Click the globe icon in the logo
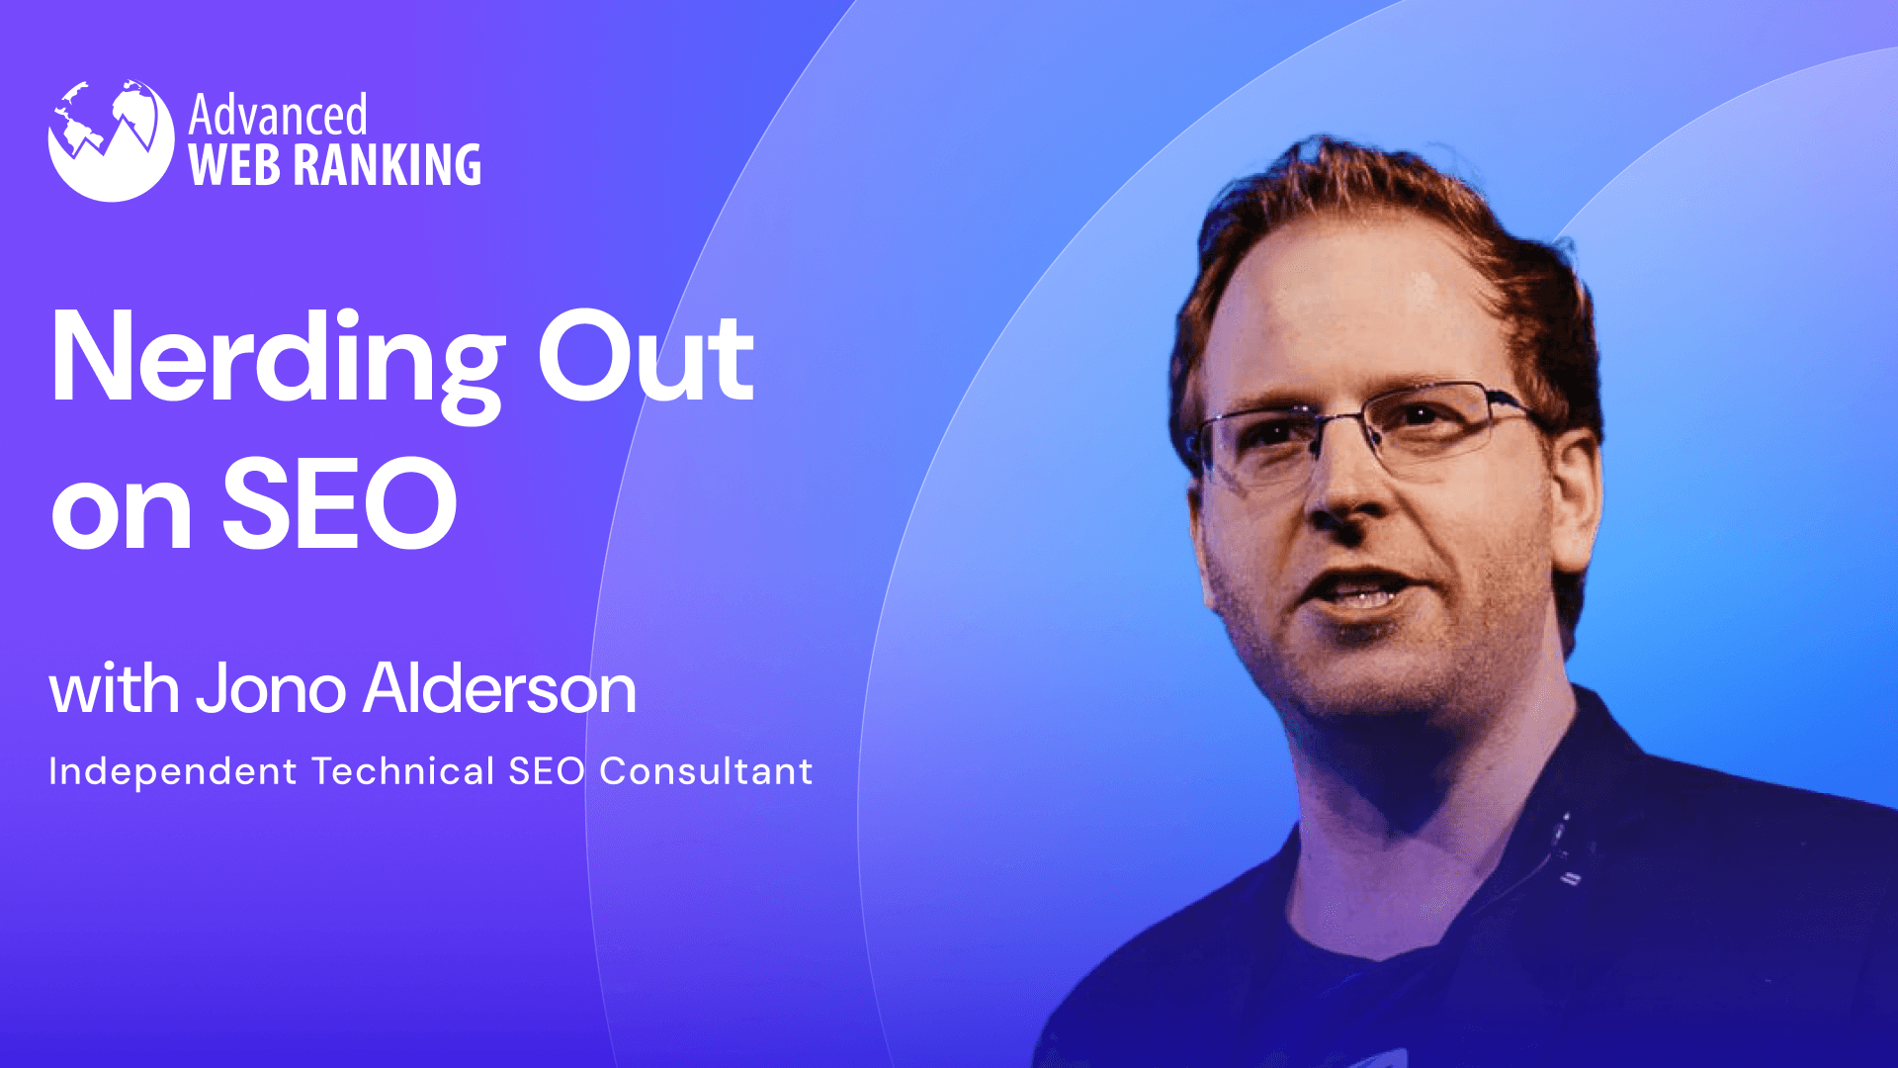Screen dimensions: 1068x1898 point(111,140)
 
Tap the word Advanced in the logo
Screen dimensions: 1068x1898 point(278,116)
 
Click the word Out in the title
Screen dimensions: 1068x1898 point(646,358)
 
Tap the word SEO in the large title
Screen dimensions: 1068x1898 point(339,504)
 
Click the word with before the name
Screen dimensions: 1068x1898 point(114,689)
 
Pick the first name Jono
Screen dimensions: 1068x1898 point(271,689)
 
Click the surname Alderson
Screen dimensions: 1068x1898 point(499,689)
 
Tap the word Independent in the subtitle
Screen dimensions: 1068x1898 point(173,771)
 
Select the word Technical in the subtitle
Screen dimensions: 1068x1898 point(402,771)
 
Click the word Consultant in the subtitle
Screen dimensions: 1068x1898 point(706,771)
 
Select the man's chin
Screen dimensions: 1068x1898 point(1384,682)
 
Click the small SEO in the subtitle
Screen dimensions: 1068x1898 point(547,771)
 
